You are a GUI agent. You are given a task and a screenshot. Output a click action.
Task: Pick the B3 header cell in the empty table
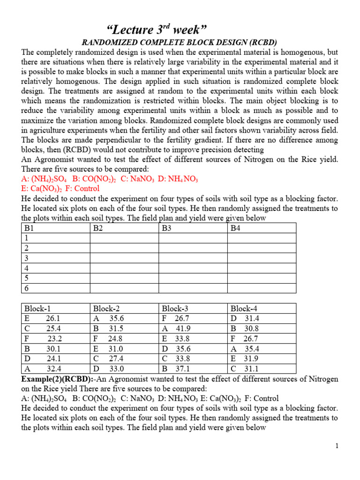(167, 228)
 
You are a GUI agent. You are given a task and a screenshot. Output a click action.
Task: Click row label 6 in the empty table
(27, 288)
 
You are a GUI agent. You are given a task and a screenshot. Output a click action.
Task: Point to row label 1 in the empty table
(27, 238)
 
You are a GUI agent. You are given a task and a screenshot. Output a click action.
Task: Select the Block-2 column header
(106, 308)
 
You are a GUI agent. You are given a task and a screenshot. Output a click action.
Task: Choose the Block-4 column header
(244, 308)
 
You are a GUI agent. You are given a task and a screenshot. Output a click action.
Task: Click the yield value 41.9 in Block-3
(182, 329)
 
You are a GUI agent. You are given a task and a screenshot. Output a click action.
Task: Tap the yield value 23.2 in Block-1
(55, 338)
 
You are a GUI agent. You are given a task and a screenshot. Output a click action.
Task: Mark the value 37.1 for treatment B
(182, 368)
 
